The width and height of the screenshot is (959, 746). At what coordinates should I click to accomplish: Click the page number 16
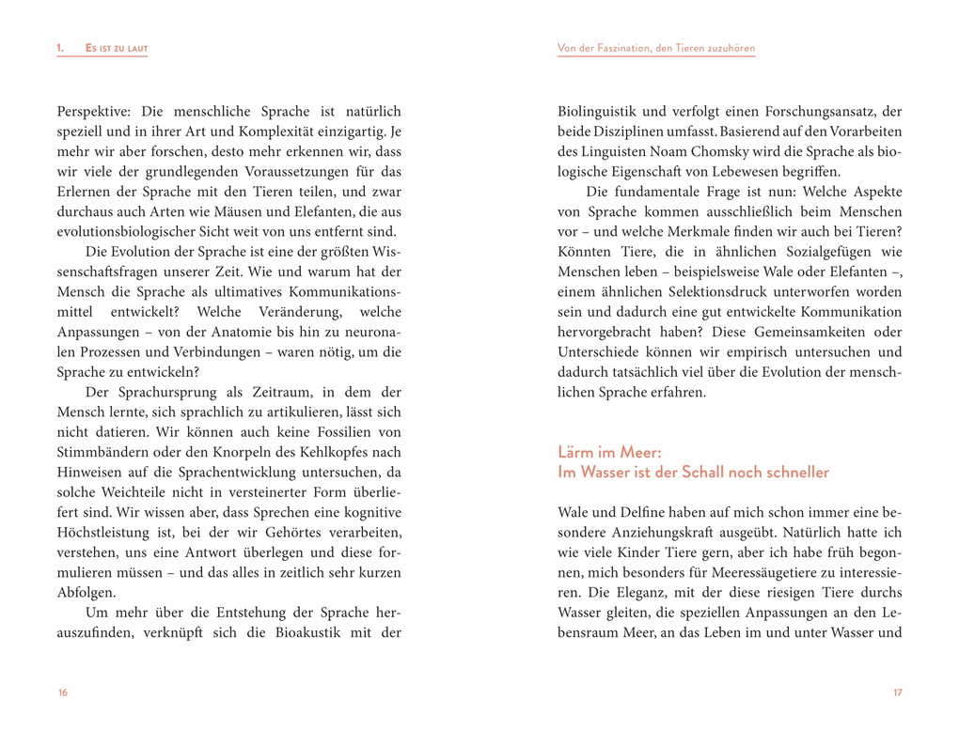[x=62, y=692]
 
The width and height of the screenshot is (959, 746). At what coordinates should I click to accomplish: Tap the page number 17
[x=897, y=692]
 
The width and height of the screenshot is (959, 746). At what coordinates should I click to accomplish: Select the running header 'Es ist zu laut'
[x=117, y=49]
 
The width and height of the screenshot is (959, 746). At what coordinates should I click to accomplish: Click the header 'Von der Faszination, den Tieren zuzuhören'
[x=656, y=49]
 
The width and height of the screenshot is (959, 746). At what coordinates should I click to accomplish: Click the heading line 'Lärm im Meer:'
[x=616, y=453]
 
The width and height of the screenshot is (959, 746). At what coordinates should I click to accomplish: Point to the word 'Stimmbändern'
[x=98, y=452]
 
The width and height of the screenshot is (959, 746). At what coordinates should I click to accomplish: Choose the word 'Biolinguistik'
[x=599, y=111]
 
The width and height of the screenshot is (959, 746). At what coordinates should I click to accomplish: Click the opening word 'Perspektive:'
[x=96, y=111]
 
